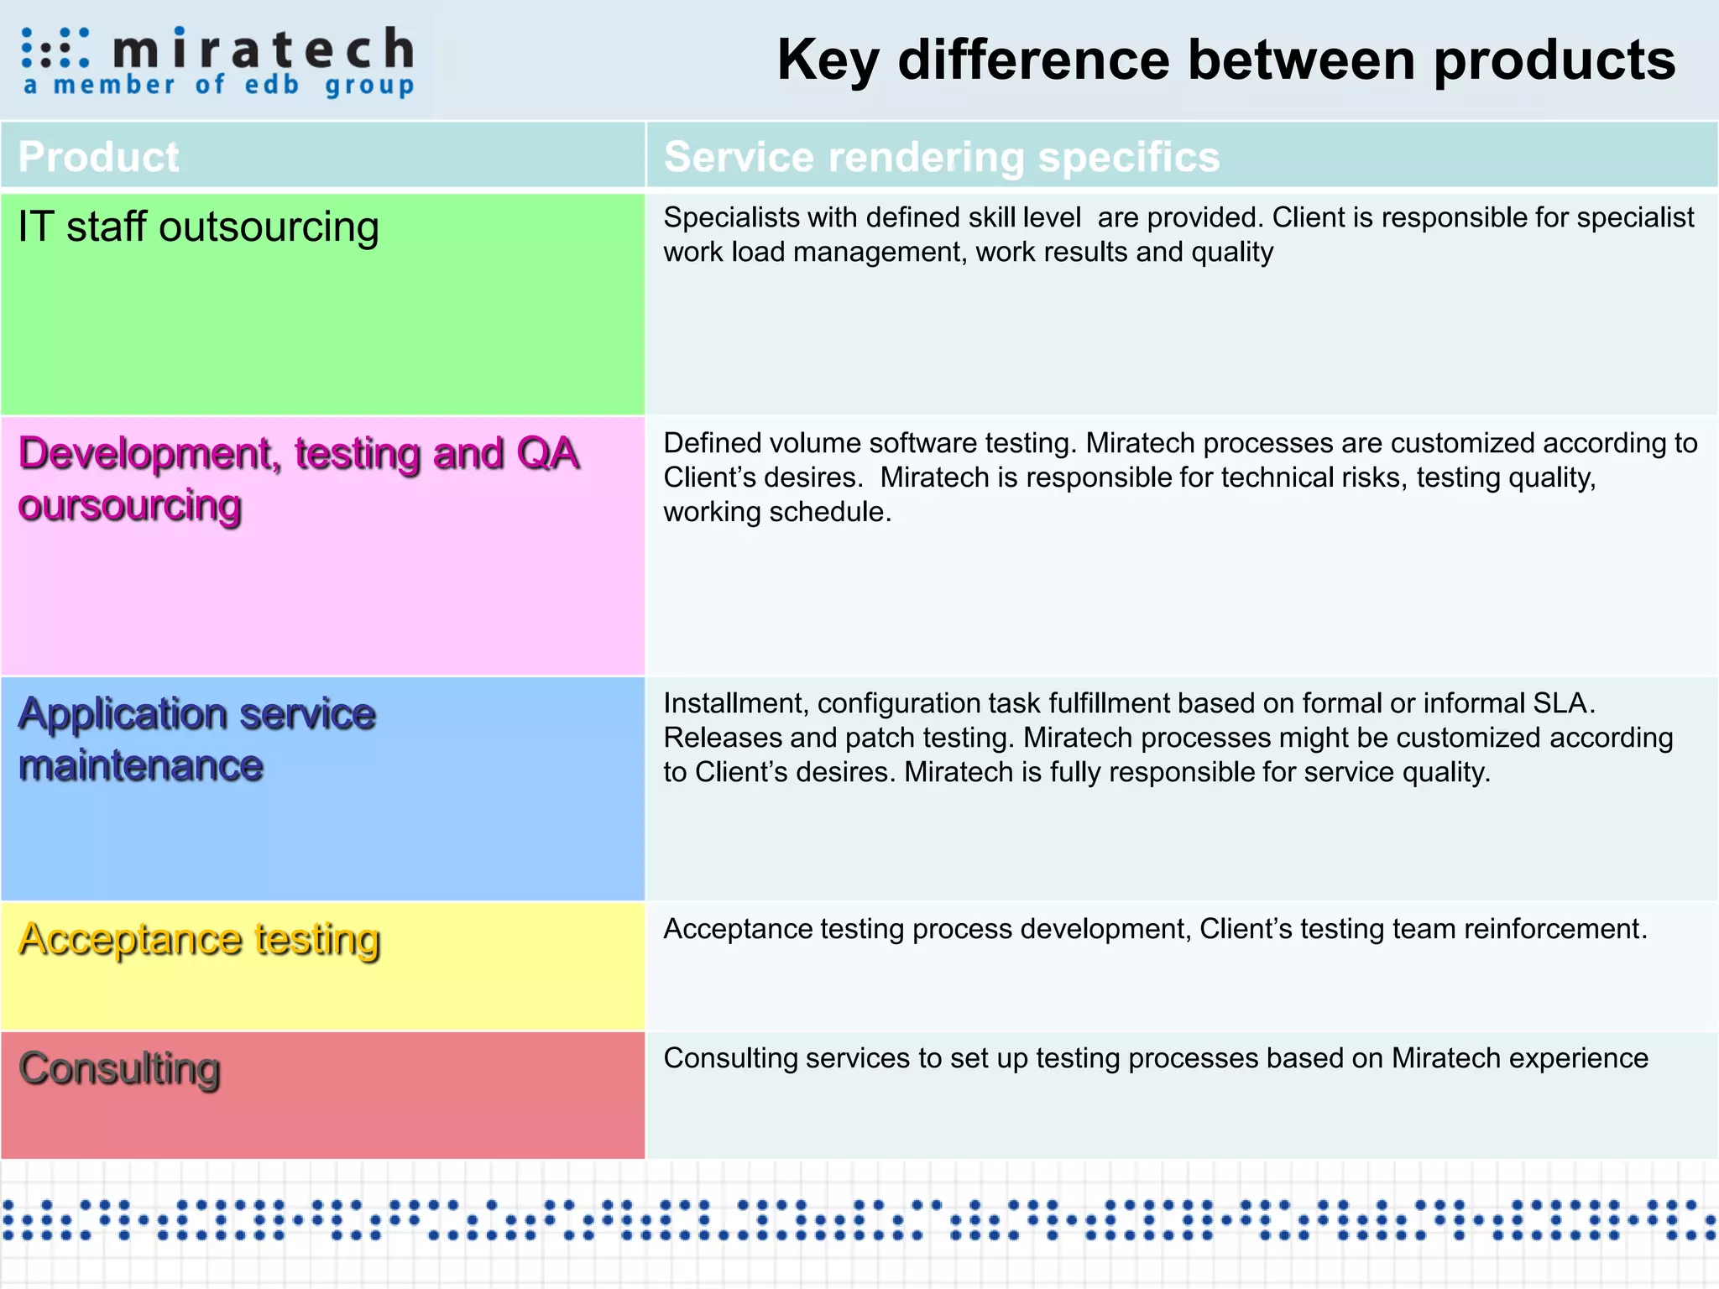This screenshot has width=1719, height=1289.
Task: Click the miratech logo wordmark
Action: tap(263, 49)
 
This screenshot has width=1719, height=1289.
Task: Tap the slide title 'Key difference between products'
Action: tap(1225, 60)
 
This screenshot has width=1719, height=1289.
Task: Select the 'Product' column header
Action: tap(98, 157)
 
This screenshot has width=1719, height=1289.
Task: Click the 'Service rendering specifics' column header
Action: tap(941, 157)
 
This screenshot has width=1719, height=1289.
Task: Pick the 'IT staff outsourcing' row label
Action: tap(198, 227)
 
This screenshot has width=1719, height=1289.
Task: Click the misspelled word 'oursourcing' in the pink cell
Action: tap(130, 506)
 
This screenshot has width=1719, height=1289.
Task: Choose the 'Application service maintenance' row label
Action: tap(196, 738)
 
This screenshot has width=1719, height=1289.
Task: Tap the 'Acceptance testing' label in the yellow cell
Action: tap(199, 939)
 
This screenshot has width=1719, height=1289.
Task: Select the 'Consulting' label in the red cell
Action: tap(119, 1069)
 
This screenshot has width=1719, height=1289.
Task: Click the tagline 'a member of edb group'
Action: tap(218, 85)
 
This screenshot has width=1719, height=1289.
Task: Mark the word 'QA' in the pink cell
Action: tap(547, 454)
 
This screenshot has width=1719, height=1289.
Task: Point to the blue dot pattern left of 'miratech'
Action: tap(55, 48)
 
